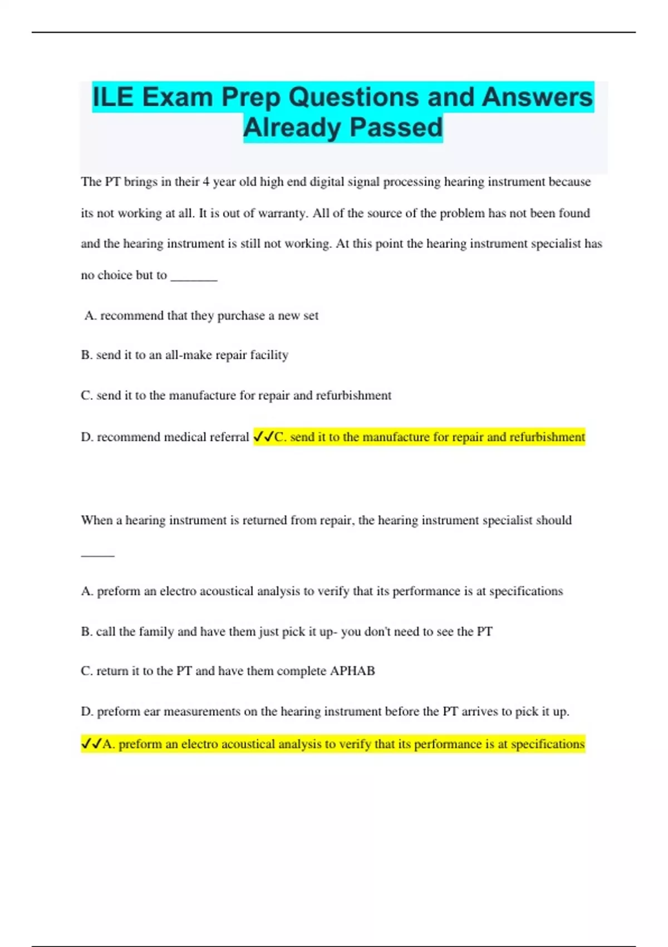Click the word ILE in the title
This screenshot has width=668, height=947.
pos(113,97)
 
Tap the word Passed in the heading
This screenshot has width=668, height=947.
pos(396,127)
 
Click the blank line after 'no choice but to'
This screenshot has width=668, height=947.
pos(194,276)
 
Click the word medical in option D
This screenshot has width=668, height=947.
pos(185,437)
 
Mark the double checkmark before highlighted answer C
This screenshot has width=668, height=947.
pos(263,437)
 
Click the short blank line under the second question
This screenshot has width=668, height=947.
pos(97,555)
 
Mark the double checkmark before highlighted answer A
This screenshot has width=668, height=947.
pos(91,744)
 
